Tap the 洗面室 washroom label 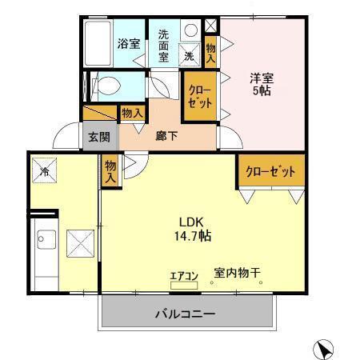pos(164,46)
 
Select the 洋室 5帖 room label pos(261,86)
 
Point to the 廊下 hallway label pos(166,135)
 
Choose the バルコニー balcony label pos(185,314)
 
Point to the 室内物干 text pos(237,273)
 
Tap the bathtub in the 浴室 pos(97,44)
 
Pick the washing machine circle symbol pos(190,30)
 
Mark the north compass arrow pos(324,348)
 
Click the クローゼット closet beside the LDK pos(270,171)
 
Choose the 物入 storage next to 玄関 pos(132,114)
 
